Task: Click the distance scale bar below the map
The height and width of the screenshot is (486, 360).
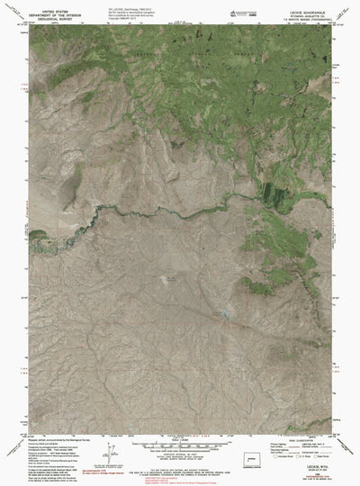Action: pyautogui.click(x=180, y=424)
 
